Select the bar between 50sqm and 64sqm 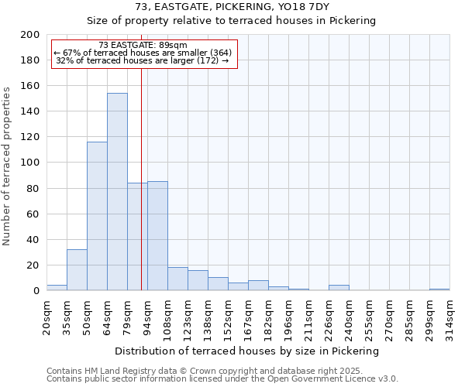coord(97,216)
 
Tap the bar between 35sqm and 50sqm coord(77,270)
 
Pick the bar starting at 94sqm coord(157,236)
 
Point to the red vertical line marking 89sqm coord(141,178)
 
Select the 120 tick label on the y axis coord(30,137)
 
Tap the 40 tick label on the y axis coord(33,240)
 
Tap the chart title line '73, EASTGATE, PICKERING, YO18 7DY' coord(232,7)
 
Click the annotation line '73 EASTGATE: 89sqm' coord(143,46)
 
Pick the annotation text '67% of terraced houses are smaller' coord(143,53)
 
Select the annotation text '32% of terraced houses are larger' coord(143,60)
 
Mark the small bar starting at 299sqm coord(439,289)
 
